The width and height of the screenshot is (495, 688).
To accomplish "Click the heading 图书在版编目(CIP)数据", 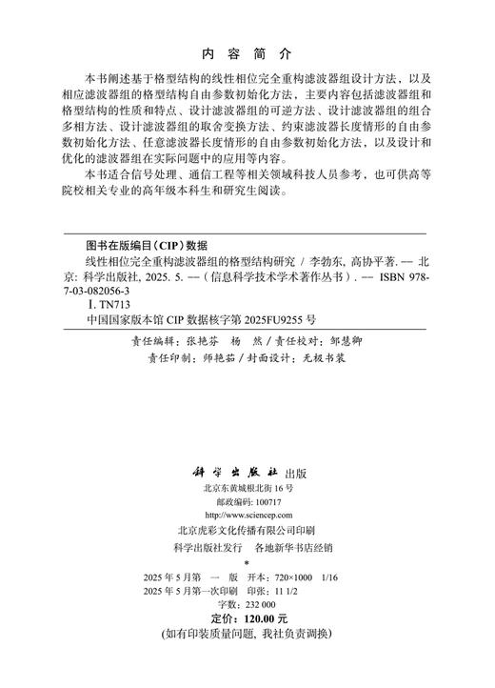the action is pos(140,245).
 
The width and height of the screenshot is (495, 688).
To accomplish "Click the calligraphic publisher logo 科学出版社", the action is pos(231,473).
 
